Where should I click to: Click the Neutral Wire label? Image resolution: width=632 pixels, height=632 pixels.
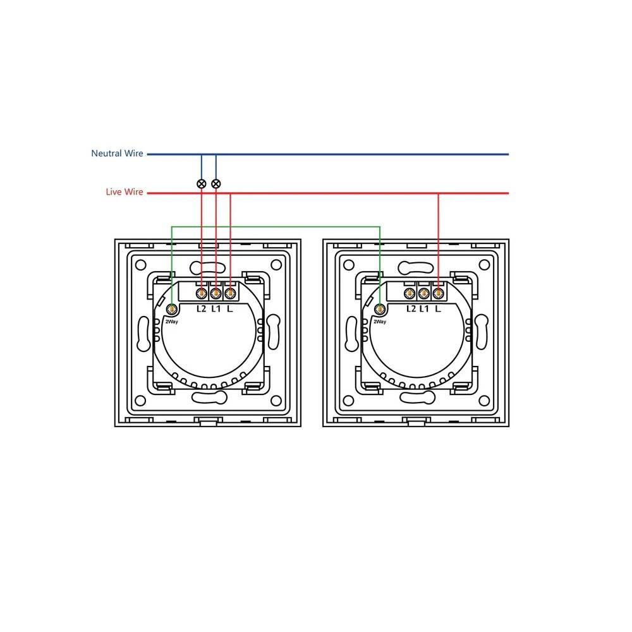117,153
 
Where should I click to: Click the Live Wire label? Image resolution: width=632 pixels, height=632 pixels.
124,192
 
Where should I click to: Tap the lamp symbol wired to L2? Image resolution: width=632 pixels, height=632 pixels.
202,184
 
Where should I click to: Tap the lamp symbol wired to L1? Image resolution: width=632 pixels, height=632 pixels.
216,184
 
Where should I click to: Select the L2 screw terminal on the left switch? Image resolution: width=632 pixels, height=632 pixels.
202,293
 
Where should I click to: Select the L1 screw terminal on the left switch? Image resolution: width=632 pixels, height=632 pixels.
216,293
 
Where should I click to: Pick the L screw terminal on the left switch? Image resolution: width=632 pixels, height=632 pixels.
230,293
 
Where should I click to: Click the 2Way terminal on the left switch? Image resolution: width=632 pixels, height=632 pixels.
172,310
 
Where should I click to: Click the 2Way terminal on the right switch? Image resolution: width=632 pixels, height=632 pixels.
380,310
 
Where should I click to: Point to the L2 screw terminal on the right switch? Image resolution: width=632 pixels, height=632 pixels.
410,293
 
